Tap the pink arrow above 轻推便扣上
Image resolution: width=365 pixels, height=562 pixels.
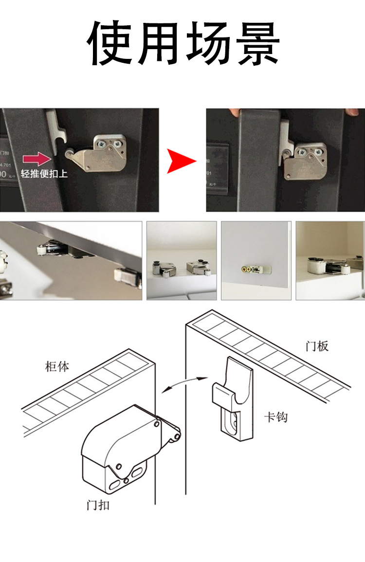click(x=37, y=158)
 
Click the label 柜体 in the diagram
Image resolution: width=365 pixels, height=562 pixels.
click(x=57, y=366)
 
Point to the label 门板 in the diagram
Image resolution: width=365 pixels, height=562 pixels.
click(x=317, y=346)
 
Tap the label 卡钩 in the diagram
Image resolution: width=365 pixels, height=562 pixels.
click(x=275, y=417)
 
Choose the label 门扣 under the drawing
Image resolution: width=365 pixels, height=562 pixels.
click(x=97, y=505)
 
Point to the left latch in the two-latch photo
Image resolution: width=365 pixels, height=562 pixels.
click(x=163, y=268)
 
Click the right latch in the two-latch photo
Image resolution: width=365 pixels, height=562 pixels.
click(x=198, y=267)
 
